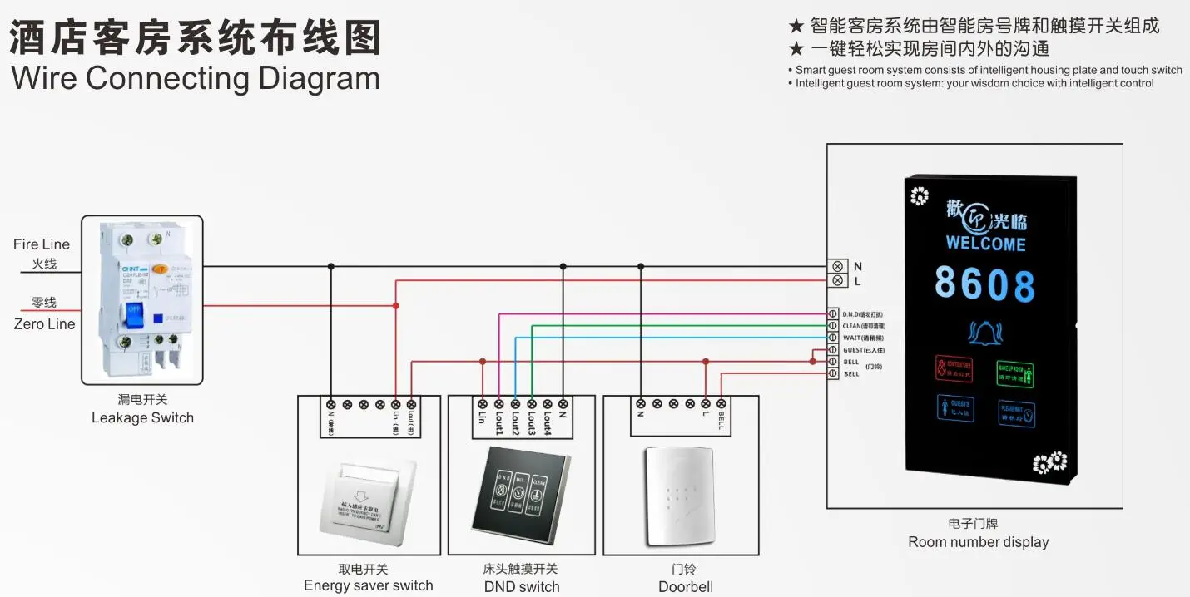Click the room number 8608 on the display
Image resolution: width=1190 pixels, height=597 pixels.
[984, 284]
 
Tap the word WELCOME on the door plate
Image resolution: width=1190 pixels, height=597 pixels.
[985, 244]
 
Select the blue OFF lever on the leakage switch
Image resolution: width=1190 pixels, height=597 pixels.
[134, 317]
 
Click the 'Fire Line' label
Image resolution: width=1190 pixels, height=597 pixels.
[42, 244]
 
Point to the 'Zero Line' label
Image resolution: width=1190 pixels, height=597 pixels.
[44, 324]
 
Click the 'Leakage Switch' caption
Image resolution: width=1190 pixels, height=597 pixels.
[142, 417]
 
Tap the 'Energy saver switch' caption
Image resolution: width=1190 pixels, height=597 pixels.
[368, 585]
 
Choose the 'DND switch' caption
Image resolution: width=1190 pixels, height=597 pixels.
[522, 587]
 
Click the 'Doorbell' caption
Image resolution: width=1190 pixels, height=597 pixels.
[686, 587]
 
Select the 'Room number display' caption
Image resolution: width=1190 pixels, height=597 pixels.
[978, 542]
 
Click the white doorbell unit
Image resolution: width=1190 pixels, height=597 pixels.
[680, 496]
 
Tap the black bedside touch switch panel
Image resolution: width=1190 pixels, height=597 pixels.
[522, 492]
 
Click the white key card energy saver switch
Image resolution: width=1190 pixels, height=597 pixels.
[368, 497]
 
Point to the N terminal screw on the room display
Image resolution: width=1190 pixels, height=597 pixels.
[837, 267]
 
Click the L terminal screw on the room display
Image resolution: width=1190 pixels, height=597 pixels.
[837, 281]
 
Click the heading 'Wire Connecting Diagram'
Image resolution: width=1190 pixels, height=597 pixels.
[196, 78]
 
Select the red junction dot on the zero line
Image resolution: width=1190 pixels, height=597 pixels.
[396, 306]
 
